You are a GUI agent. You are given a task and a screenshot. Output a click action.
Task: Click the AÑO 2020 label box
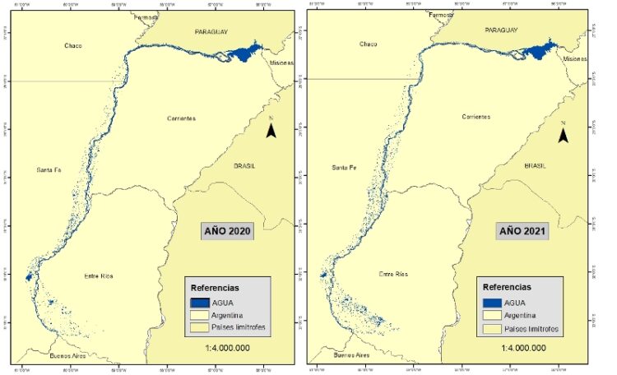click(x=227, y=231)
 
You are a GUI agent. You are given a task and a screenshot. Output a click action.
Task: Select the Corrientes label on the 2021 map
click(x=476, y=117)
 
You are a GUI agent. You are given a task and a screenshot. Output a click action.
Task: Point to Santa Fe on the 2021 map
click(x=344, y=168)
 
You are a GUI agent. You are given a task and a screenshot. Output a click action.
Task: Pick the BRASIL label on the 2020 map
click(x=244, y=165)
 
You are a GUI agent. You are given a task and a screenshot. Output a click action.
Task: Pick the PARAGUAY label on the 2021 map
click(x=503, y=30)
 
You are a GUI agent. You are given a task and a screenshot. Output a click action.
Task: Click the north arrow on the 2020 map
click(x=271, y=130)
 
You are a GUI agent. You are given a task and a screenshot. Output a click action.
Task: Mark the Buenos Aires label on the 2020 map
click(x=68, y=356)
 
